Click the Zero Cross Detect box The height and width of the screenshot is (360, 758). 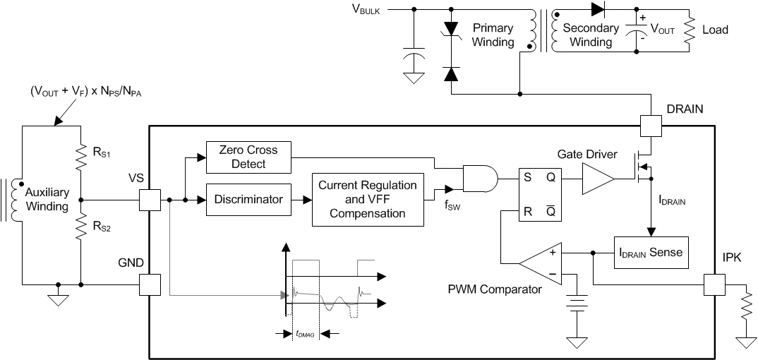click(x=248, y=157)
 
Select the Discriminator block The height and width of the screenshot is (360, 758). click(x=248, y=200)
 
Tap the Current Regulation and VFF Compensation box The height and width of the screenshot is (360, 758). click(x=368, y=200)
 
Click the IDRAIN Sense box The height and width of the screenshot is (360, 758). click(x=649, y=251)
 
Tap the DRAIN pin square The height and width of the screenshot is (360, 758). click(x=651, y=126)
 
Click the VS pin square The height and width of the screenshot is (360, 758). click(x=151, y=200)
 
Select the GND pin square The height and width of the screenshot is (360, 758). click(x=151, y=284)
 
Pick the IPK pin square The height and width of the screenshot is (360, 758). click(x=716, y=284)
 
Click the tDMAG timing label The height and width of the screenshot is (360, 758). click(x=305, y=335)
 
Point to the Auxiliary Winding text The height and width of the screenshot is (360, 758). click(x=47, y=200)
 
